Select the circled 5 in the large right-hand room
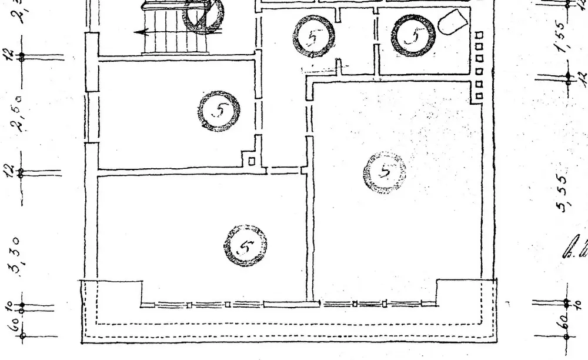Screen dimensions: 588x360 coord(385,172)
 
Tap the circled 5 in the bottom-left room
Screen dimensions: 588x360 coord(245,245)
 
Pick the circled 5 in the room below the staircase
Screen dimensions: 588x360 coord(219,111)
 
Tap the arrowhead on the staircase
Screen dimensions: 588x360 coord(139,33)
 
